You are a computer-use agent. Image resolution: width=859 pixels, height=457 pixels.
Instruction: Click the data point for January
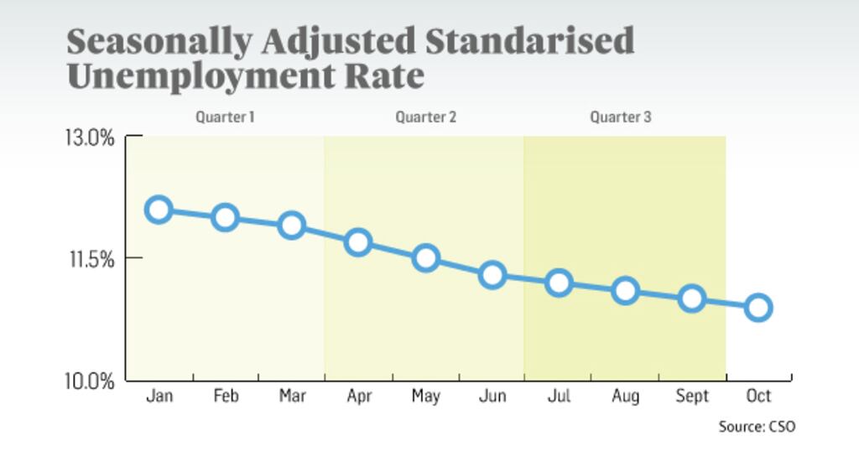(x=159, y=210)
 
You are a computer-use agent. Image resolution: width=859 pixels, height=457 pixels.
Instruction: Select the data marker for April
(x=358, y=243)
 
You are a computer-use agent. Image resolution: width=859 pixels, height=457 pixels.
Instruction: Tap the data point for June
(x=492, y=274)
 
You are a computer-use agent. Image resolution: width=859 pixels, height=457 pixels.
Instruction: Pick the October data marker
(x=758, y=308)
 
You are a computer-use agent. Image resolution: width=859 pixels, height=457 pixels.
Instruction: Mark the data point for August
(x=625, y=291)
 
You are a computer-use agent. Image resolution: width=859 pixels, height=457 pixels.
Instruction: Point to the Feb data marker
(x=225, y=218)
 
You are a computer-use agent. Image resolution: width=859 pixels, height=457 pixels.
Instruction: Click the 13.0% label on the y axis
(x=90, y=137)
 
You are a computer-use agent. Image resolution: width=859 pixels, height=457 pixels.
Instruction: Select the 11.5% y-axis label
(x=90, y=258)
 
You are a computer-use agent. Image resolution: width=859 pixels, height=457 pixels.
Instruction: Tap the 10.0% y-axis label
(x=90, y=382)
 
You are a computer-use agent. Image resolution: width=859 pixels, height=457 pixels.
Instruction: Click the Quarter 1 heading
(x=225, y=117)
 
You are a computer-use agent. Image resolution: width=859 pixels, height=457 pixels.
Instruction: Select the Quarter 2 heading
(x=425, y=117)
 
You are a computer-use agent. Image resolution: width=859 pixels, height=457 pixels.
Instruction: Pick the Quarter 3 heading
(x=620, y=117)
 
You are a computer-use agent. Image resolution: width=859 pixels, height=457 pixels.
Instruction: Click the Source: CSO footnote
(x=757, y=427)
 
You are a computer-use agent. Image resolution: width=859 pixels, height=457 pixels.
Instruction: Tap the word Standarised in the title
(x=525, y=40)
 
